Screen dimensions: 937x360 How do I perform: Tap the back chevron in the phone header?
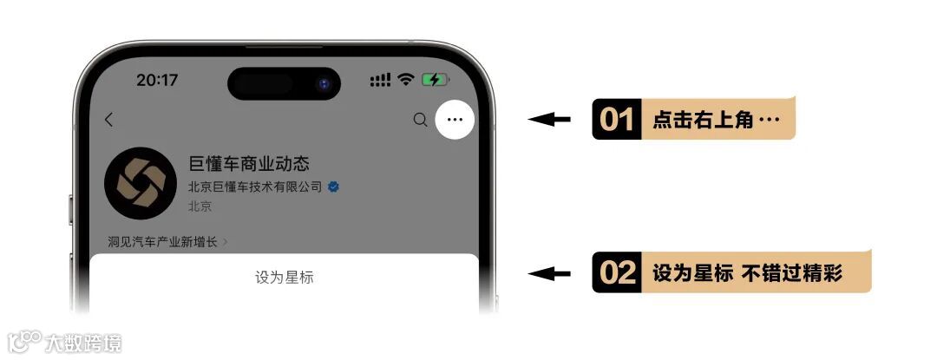click(108, 120)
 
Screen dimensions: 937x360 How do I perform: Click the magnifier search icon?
click(420, 120)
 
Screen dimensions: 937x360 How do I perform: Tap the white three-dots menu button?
click(455, 120)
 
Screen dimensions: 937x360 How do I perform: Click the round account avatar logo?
click(141, 183)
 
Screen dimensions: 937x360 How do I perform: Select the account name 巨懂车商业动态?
click(249, 164)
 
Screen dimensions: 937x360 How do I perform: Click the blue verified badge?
click(333, 187)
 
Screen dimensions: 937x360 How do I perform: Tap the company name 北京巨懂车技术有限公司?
click(255, 187)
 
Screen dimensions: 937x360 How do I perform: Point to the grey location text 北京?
click(200, 206)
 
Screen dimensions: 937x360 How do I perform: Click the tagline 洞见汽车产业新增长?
click(162, 242)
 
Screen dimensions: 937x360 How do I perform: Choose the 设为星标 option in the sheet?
click(284, 278)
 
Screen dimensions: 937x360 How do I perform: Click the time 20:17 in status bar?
click(157, 80)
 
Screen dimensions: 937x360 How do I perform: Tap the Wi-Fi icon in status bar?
click(406, 80)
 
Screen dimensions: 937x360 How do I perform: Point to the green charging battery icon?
click(436, 80)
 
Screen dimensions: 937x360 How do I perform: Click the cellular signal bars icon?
click(380, 80)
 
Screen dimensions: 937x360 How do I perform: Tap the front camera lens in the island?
click(324, 83)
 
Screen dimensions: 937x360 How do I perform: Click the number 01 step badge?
click(617, 120)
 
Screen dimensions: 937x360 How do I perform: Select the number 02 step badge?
click(617, 272)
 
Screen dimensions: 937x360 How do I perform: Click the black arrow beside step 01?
click(549, 120)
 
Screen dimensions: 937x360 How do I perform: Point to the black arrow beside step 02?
click(549, 273)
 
